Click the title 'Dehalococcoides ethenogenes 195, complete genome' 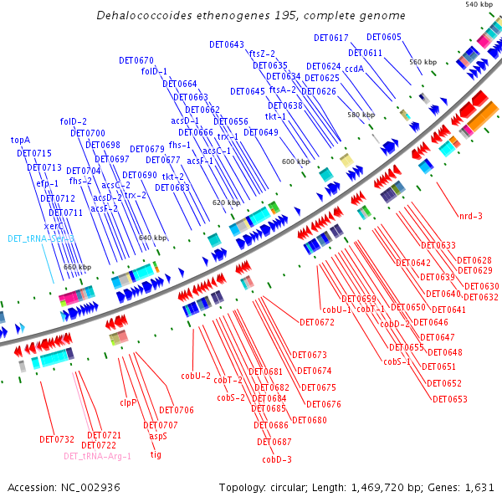pyautogui.click(x=251, y=15)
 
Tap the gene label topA pyautogui.click(x=20, y=140)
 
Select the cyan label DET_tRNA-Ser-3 pyautogui.click(x=41, y=238)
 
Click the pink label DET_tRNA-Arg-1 pyautogui.click(x=97, y=456)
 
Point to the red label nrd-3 pyautogui.click(x=470, y=217)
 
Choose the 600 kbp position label pyautogui.click(x=295, y=161)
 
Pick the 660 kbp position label pyautogui.click(x=77, y=267)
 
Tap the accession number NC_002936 pyautogui.click(x=91, y=487)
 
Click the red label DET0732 pyautogui.click(x=57, y=439)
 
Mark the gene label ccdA pyautogui.click(x=354, y=69)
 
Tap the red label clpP pyautogui.click(x=127, y=402)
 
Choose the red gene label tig pyautogui.click(x=156, y=455)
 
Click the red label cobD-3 pyautogui.click(x=277, y=459)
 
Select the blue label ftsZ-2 pyautogui.click(x=262, y=54)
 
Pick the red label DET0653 pyautogui.click(x=450, y=399)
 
